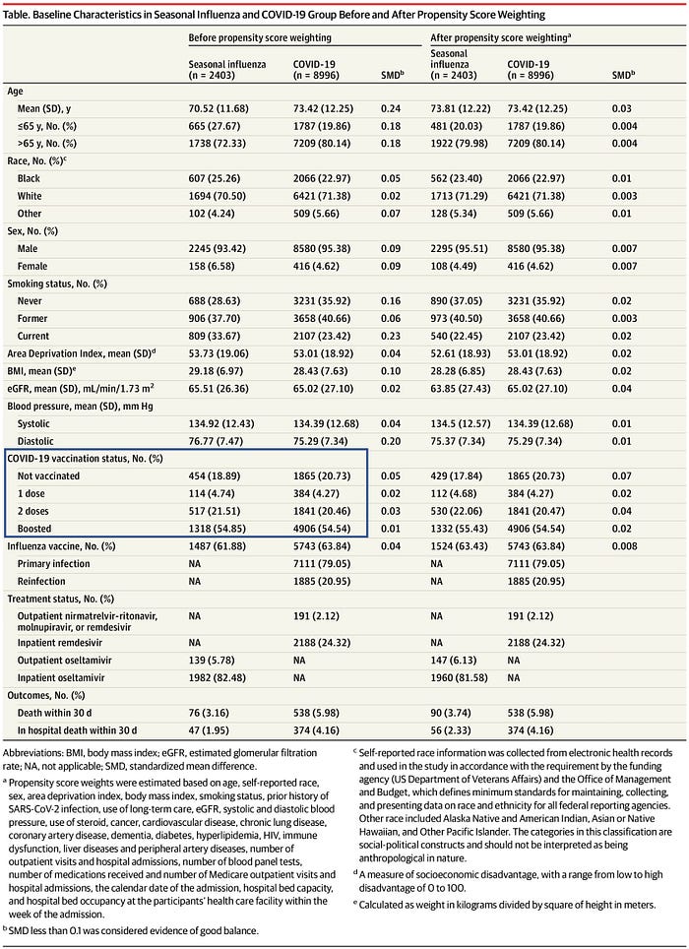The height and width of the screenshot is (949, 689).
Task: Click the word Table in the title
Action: tap(20, 17)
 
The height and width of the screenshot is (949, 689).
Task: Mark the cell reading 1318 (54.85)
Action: tap(221, 529)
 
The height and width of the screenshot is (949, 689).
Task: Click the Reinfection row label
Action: tap(46, 581)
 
